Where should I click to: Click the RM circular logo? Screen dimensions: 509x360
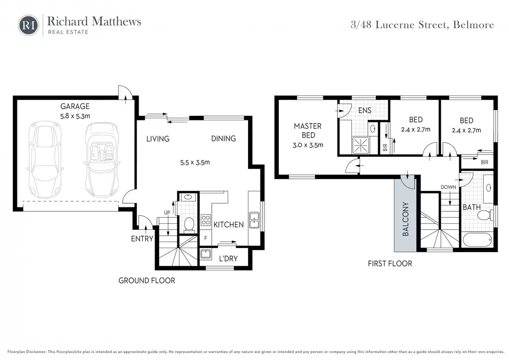click(x=28, y=25)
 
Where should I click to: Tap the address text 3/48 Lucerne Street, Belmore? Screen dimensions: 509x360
click(x=423, y=25)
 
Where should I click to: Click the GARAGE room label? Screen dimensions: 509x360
click(x=75, y=106)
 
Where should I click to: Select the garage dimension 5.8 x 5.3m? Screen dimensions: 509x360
click(x=75, y=116)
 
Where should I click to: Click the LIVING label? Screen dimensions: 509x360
click(x=158, y=139)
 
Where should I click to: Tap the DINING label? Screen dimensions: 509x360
click(x=223, y=138)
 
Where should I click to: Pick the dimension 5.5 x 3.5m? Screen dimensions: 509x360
click(x=195, y=162)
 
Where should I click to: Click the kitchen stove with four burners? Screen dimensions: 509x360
click(x=205, y=220)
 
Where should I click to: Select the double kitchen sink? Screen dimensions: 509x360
click(x=254, y=220)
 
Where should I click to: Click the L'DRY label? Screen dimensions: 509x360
click(x=228, y=259)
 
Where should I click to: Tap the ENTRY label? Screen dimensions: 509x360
click(x=142, y=239)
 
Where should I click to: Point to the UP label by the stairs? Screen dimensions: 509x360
click(x=167, y=213)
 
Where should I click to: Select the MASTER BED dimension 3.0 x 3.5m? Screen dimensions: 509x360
click(x=308, y=145)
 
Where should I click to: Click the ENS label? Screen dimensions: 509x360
click(x=364, y=110)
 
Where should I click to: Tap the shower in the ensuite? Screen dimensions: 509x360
click(x=361, y=145)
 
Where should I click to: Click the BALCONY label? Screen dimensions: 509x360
click(x=406, y=219)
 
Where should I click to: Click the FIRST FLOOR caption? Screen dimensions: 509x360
click(x=390, y=264)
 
